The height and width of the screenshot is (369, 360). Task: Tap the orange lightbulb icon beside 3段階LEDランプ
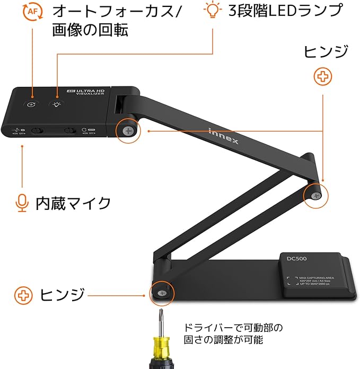213,10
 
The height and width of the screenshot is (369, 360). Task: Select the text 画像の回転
90,30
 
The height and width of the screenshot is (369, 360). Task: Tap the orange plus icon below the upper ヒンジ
323,77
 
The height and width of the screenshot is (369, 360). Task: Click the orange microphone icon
21,203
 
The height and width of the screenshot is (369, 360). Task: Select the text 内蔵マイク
73,203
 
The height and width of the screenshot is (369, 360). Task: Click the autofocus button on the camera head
32,104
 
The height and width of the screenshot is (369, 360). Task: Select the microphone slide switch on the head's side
37,130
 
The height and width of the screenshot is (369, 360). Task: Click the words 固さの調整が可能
223,340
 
